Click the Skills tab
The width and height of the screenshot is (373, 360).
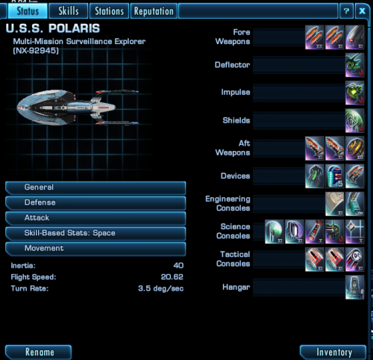(x=69, y=11)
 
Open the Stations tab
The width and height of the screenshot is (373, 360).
(x=109, y=11)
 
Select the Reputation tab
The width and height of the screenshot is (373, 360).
(x=154, y=11)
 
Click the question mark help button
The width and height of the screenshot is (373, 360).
(x=346, y=11)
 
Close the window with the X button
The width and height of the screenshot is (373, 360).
(x=362, y=11)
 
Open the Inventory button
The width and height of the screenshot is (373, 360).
(x=333, y=352)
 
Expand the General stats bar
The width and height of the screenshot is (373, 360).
(x=95, y=187)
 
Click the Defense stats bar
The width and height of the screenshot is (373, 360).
(x=95, y=202)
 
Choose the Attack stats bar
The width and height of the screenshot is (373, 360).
(x=95, y=218)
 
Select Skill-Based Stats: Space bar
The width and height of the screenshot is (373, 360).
(x=95, y=233)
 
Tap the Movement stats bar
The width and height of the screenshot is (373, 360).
(x=95, y=249)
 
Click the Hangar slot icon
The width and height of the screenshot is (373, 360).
(x=354, y=287)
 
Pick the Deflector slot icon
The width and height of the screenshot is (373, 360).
(x=354, y=65)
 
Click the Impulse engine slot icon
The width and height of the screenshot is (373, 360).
(x=354, y=93)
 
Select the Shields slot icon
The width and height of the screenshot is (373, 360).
(x=354, y=120)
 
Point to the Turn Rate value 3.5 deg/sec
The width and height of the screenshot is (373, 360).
(x=161, y=288)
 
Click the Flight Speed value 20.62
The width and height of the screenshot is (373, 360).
(x=172, y=277)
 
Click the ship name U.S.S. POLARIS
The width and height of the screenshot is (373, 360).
(x=53, y=28)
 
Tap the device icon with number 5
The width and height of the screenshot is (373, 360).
(x=335, y=176)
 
